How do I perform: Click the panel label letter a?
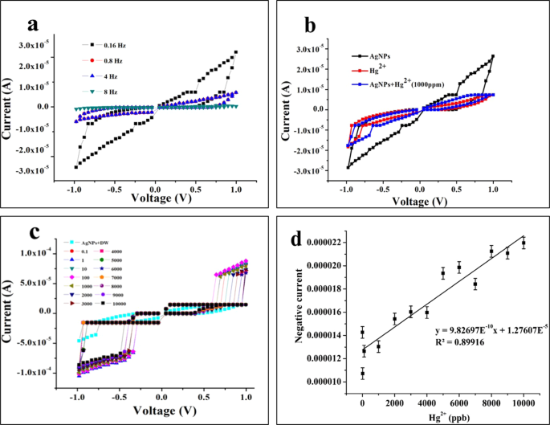point(32,24)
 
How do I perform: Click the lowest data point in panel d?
point(362,374)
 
